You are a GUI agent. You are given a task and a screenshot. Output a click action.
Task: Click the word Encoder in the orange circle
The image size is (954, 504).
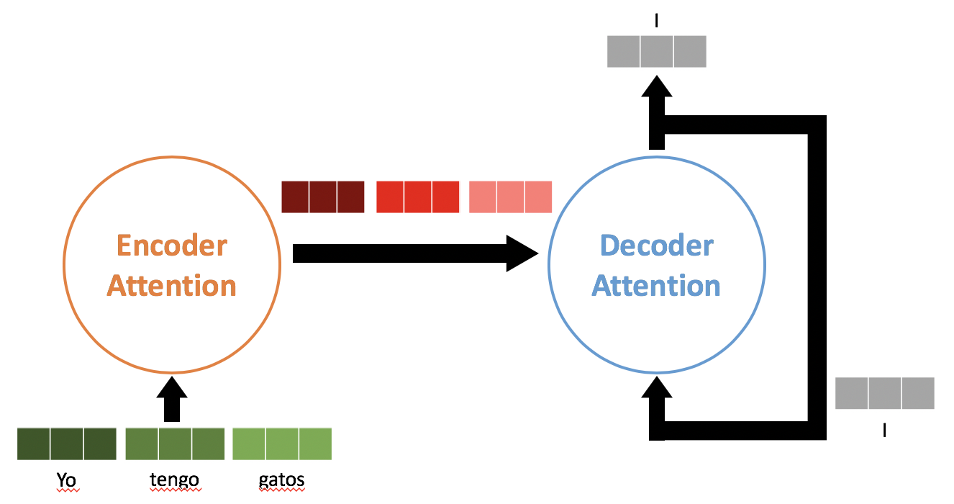[172, 246]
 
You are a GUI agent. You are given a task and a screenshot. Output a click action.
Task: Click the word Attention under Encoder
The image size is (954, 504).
[172, 286]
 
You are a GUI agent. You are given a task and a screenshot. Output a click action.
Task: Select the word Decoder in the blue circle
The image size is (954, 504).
[656, 246]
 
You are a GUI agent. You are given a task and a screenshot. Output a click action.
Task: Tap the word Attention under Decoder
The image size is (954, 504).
[656, 286]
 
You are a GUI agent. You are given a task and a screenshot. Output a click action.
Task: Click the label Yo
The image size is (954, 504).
[66, 480]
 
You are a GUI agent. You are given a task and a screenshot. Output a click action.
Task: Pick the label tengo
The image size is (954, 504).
[174, 480]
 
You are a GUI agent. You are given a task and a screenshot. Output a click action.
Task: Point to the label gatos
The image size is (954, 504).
[281, 480]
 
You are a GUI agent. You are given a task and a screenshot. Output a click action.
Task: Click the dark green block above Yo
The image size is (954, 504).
[67, 444]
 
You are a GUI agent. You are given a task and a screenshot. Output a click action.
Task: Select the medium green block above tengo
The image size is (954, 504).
[175, 444]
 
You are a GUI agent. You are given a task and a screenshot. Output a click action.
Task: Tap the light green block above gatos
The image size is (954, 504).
[282, 444]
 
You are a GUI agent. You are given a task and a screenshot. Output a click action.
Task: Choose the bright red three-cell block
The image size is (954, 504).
[417, 197]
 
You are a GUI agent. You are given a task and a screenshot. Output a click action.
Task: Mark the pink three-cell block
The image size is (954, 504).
[510, 197]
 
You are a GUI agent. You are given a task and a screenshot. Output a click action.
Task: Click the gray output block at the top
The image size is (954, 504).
[657, 52]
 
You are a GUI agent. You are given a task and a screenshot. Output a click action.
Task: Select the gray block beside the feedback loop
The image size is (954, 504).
[884, 393]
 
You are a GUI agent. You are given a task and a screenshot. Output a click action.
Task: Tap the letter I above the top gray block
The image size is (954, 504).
[656, 21]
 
